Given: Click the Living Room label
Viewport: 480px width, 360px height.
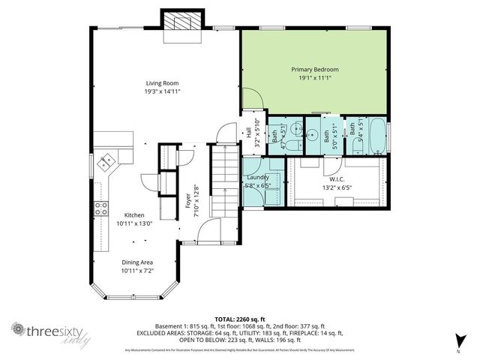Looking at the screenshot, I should pos(162,83).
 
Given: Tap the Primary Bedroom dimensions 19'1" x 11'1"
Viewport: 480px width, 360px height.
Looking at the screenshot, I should pos(315,77).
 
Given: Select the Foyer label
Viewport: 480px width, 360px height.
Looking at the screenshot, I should pos(187,200).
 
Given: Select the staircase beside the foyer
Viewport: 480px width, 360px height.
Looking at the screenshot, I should pos(223,180).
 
